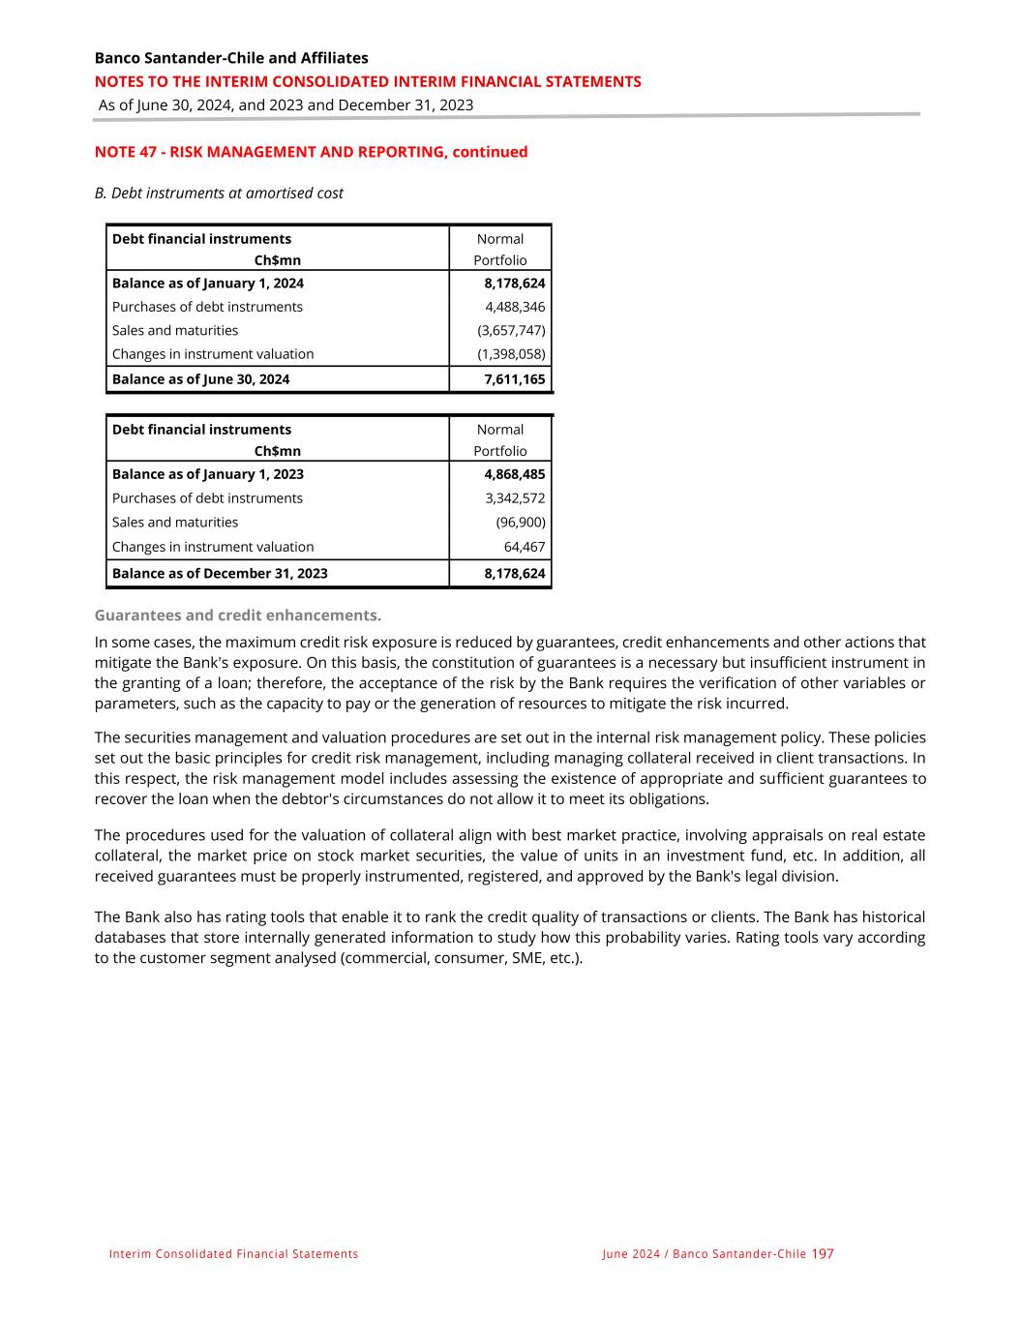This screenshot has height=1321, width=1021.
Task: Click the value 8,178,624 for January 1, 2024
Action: pos(514,284)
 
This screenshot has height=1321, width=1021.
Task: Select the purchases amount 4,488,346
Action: pos(515,307)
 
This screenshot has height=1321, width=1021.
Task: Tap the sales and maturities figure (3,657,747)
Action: pos(511,330)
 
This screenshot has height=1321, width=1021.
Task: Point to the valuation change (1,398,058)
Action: pos(511,354)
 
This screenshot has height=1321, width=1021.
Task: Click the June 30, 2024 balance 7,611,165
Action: pos(514,379)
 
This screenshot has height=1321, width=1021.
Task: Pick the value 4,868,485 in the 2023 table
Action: pos(514,474)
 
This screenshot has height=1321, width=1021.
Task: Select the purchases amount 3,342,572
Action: pos(515,498)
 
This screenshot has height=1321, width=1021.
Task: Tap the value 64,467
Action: pos(525,547)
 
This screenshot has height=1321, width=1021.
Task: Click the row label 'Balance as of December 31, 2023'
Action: pos(220,573)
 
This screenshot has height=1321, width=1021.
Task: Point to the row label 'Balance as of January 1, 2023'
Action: pos(208,474)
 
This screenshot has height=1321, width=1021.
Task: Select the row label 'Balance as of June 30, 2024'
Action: pos(200,379)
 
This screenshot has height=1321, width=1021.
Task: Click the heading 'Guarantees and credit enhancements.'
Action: pos(238,615)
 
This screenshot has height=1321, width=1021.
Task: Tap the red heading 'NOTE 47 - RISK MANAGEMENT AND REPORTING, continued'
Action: pos(311,152)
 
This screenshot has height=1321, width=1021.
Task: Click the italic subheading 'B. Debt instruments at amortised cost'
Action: pos(219,193)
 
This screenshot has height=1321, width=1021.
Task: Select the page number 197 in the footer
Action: pos(823,1254)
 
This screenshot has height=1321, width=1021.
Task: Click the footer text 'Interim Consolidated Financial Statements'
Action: pos(233,1254)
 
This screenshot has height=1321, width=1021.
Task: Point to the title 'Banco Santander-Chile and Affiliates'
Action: pos(231,58)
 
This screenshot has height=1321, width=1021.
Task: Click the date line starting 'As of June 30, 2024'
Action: pos(285,105)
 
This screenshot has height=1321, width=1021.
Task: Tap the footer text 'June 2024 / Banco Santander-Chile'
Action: pos(704,1254)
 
